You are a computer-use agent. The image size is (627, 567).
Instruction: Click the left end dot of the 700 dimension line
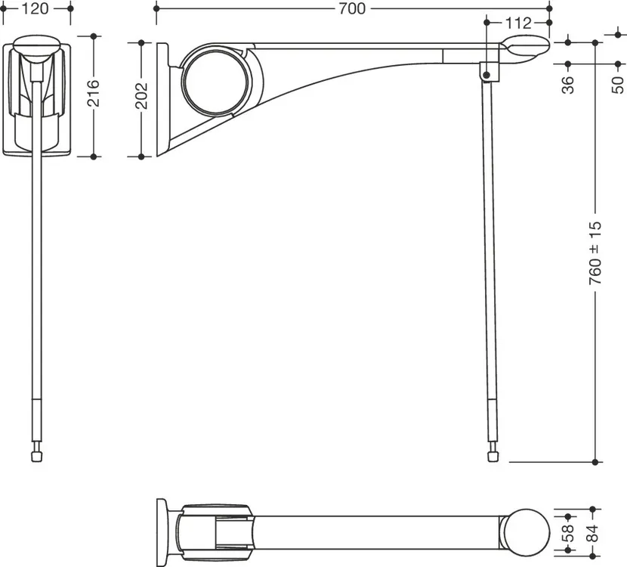(x=156, y=8)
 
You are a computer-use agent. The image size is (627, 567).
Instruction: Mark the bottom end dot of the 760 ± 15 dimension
(x=595, y=462)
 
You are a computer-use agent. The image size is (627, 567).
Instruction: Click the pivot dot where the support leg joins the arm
(x=486, y=75)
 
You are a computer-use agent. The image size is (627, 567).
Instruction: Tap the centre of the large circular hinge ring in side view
(x=216, y=81)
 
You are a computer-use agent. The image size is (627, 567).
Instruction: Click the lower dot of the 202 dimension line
(x=141, y=156)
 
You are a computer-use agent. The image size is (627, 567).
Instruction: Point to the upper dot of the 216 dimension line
(x=94, y=36)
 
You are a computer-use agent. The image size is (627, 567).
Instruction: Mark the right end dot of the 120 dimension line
(x=70, y=8)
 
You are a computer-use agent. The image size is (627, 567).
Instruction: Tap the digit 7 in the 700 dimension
(x=343, y=8)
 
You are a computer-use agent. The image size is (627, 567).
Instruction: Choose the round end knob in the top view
(x=527, y=532)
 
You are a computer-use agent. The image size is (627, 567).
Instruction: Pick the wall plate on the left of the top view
(x=162, y=532)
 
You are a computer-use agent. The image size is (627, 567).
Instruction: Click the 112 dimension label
(x=518, y=23)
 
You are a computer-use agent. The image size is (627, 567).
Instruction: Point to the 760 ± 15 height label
(x=595, y=253)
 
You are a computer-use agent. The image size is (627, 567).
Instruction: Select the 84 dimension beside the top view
(x=593, y=533)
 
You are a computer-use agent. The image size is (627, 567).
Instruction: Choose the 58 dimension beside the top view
(x=568, y=534)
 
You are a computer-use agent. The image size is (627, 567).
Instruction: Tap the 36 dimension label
(x=568, y=85)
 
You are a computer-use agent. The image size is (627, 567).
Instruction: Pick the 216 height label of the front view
(x=94, y=93)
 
